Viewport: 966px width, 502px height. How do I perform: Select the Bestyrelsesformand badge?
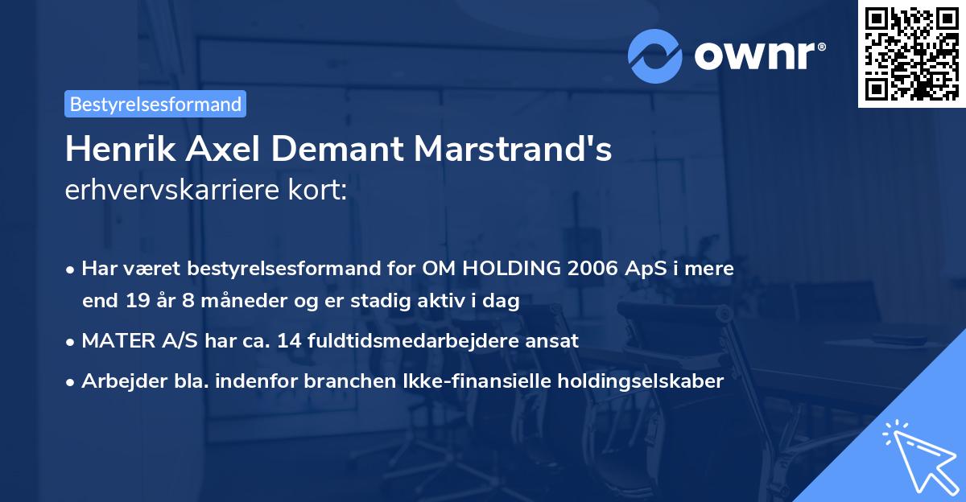pyautogui.click(x=155, y=104)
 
